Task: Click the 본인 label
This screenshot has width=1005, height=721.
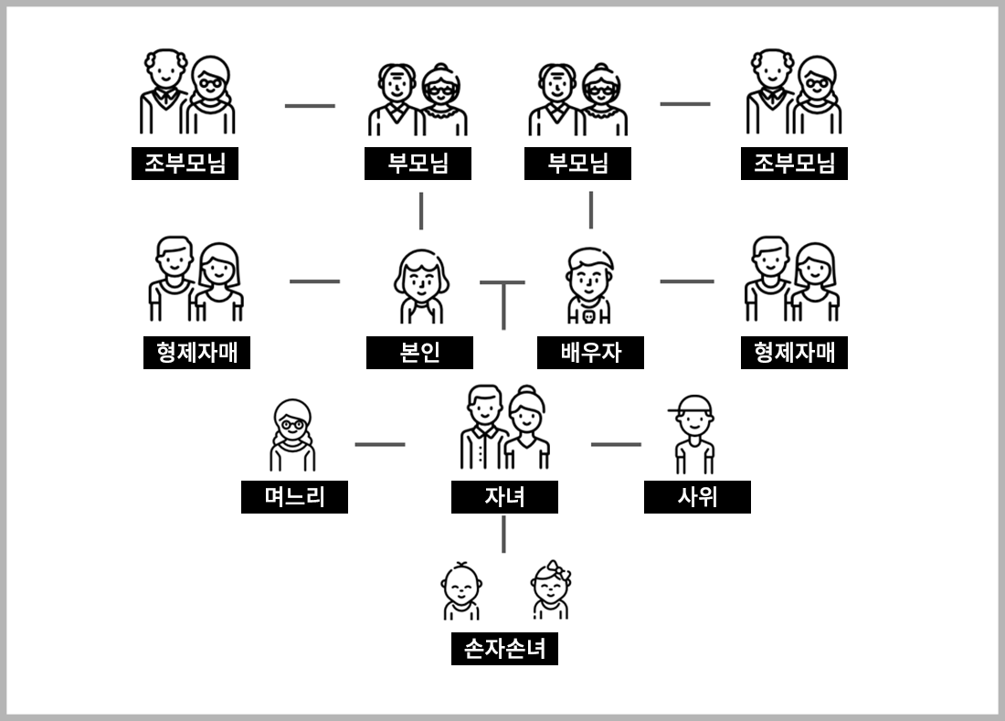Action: pos(419,353)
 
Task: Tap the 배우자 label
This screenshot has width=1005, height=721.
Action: pos(590,353)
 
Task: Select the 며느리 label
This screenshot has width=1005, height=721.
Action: pos(294,497)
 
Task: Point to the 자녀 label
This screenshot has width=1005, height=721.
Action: pos(504,497)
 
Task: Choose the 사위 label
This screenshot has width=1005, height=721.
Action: pos(697,497)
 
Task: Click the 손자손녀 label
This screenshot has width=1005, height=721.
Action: pos(504,649)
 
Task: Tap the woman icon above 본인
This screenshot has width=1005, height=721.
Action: pos(421,284)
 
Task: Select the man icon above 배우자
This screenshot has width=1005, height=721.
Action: pos(589,284)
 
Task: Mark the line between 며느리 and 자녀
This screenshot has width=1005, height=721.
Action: pos(380,445)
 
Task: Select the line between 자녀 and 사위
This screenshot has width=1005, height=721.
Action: pos(616,445)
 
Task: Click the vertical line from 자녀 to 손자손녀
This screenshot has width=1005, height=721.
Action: pos(503,535)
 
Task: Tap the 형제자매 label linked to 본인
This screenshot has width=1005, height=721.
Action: pos(196,353)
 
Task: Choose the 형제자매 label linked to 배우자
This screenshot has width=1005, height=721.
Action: pos(794,353)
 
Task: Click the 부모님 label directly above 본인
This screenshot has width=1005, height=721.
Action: pos(418,164)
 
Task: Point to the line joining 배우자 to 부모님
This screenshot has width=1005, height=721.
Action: pos(591,210)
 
